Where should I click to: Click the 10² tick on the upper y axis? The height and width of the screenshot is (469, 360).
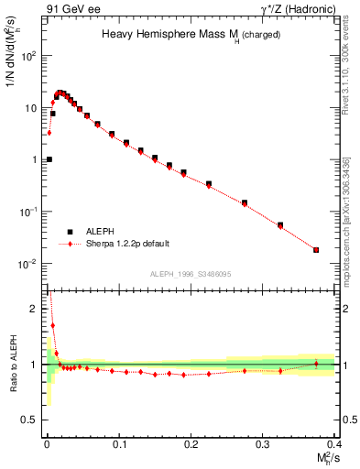click(31, 55)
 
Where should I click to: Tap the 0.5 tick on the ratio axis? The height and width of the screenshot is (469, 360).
click(34, 420)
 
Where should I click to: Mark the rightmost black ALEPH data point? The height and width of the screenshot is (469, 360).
click(316, 250)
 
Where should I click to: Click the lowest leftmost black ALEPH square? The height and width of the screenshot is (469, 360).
click(49, 159)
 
